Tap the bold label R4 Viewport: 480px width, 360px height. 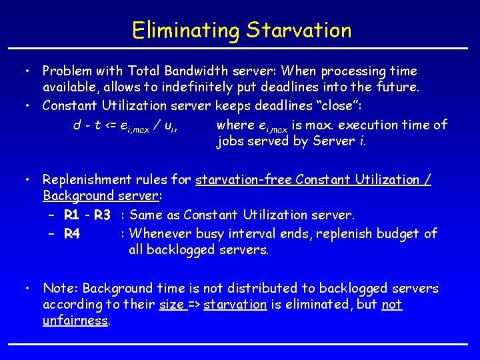pos(73,233)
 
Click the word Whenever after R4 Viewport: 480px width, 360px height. pos(160,233)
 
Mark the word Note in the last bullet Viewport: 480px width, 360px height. pos(57,289)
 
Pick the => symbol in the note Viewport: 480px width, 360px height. pos(194,305)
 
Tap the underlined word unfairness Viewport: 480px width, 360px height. pos(75,321)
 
